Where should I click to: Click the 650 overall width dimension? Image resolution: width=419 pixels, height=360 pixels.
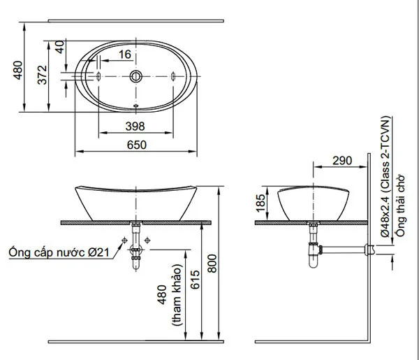click(x=136, y=145)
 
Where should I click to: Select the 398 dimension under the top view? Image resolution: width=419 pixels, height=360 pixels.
click(x=135, y=127)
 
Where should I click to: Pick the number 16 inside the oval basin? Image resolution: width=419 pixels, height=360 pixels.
click(x=124, y=54)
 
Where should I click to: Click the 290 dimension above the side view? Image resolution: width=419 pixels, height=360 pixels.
click(x=341, y=161)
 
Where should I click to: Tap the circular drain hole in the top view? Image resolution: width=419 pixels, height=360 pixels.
click(x=136, y=75)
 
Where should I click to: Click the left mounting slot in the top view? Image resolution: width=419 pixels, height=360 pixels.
click(x=100, y=75)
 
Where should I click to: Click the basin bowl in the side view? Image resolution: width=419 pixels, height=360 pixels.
click(x=313, y=203)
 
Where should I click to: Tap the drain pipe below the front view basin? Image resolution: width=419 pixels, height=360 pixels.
click(x=136, y=248)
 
